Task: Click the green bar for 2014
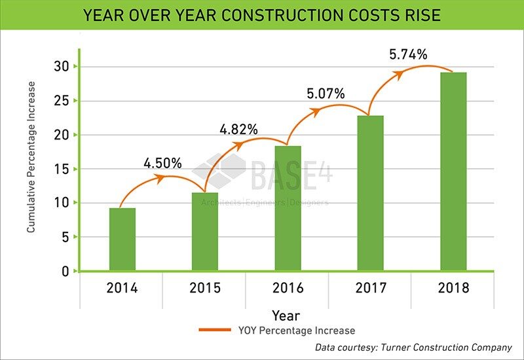click(x=122, y=239)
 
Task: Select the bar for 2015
click(x=205, y=231)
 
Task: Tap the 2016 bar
click(x=288, y=208)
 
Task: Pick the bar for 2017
click(x=370, y=193)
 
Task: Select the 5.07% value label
click(x=326, y=94)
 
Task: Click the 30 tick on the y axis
click(x=60, y=67)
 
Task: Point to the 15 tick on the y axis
click(x=60, y=169)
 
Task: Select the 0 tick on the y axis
click(x=65, y=271)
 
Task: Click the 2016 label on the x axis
click(x=288, y=288)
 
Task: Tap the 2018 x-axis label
click(x=453, y=288)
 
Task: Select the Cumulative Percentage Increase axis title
click(x=31, y=157)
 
